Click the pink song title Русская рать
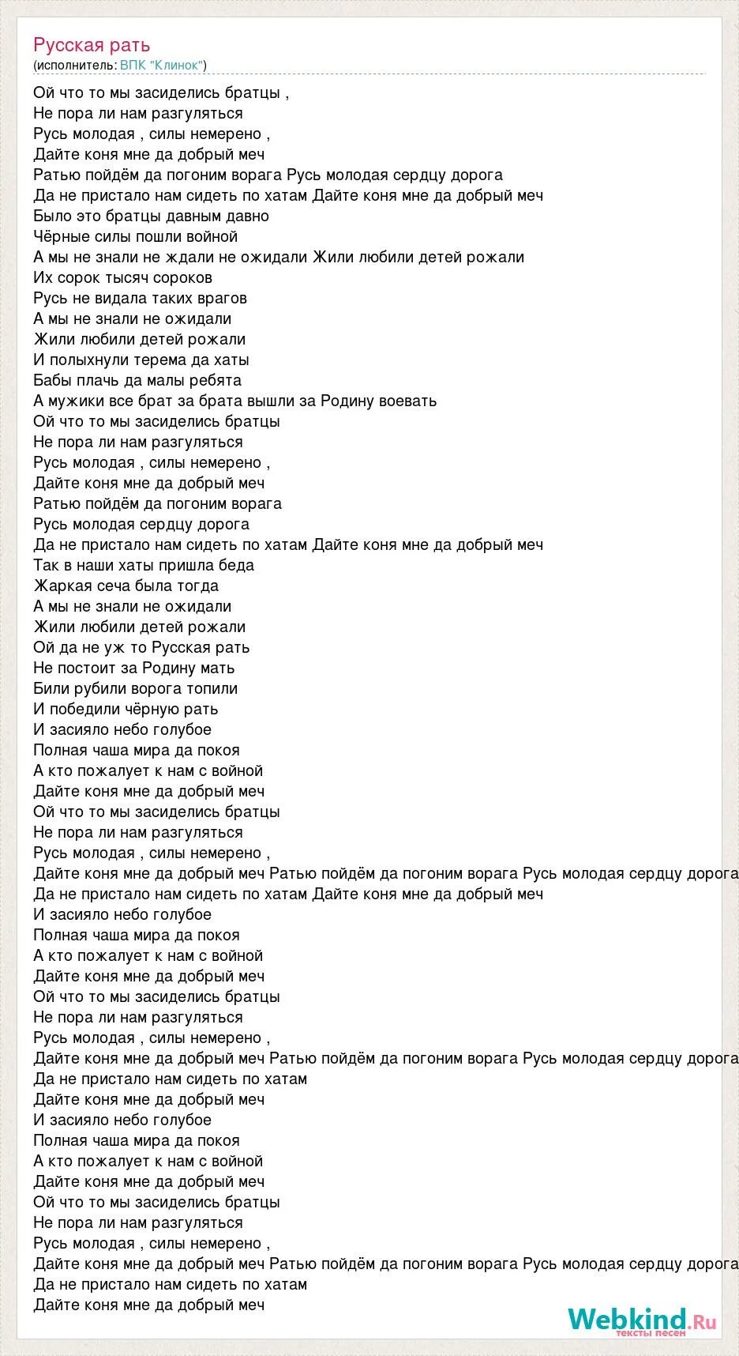click(92, 45)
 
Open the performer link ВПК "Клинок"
click(162, 65)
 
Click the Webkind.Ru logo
click(641, 1319)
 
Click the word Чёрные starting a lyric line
click(60, 236)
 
